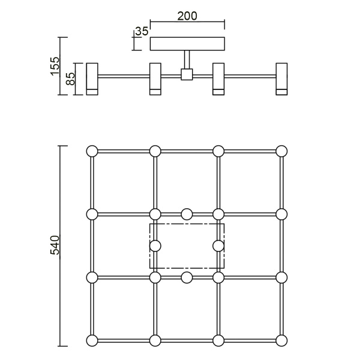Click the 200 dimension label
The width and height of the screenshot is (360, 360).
187,16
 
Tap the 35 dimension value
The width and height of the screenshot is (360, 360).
141,31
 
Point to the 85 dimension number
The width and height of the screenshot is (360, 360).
70,79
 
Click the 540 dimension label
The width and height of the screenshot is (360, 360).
55,246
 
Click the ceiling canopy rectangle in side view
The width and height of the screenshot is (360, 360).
187,44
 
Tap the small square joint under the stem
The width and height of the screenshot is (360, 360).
187,75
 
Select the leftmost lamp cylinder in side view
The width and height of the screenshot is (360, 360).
92,78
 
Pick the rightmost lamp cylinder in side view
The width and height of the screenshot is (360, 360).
281,78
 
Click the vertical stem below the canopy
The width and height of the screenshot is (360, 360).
187,60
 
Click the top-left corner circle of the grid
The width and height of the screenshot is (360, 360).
92,151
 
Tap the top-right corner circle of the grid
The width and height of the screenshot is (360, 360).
281,151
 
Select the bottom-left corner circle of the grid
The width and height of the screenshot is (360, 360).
92,341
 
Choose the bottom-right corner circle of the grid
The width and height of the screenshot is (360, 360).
281,341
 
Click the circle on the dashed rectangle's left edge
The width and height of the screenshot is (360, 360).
155,245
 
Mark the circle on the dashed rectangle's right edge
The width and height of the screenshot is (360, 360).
218,245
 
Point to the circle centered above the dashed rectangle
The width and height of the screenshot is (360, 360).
187,214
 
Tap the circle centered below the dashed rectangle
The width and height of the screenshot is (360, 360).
187,277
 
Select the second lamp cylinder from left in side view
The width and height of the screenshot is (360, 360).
155,78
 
